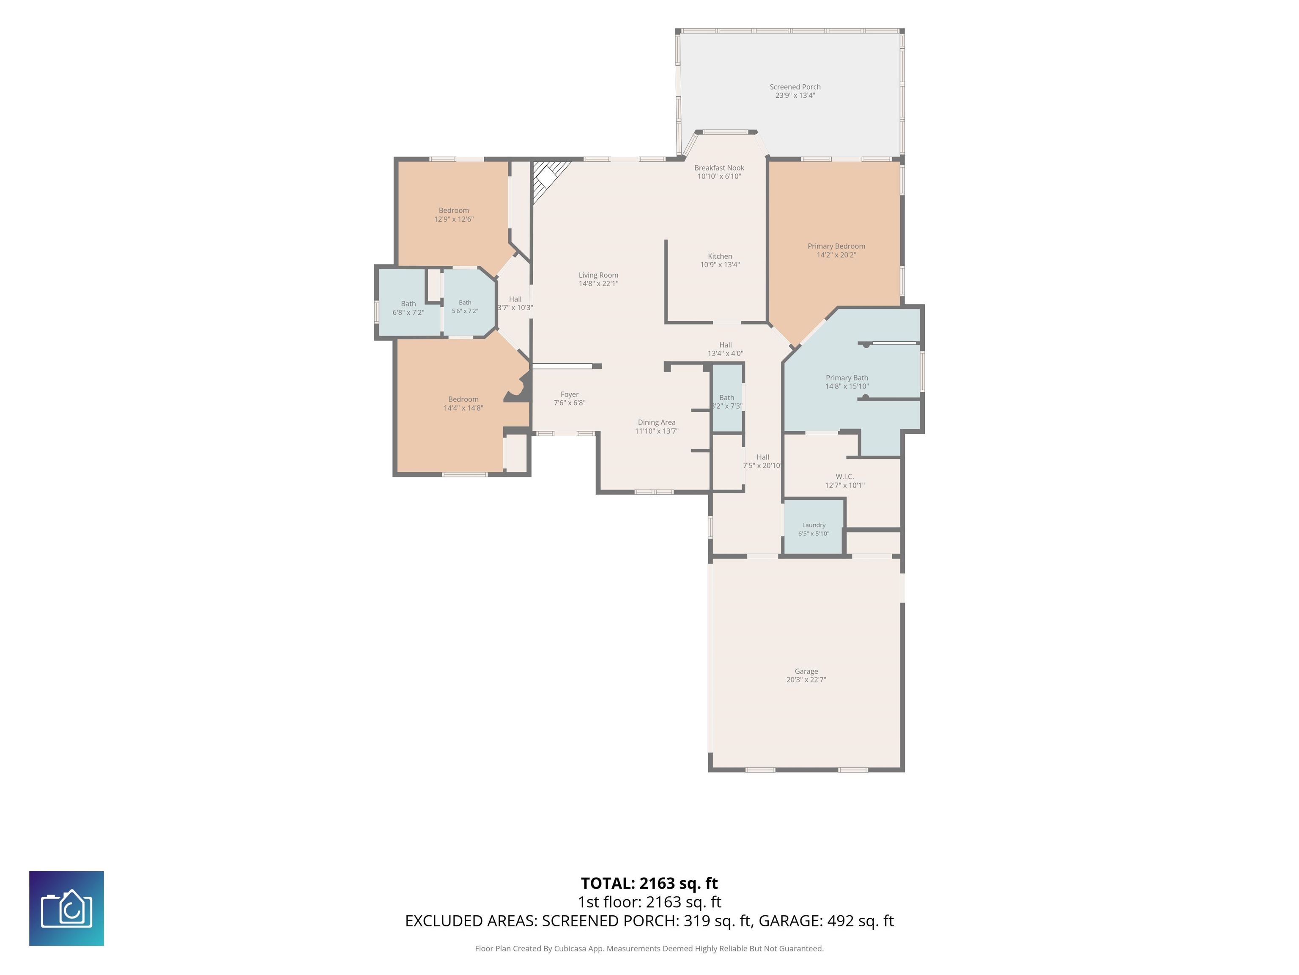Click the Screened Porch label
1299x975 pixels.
point(795,87)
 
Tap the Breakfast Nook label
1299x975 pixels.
point(719,168)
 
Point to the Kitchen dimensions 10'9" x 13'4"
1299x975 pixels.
point(720,265)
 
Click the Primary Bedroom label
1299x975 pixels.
point(836,246)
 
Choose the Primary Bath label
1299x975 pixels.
point(847,378)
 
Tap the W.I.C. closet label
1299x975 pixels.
point(844,476)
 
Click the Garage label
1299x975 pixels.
point(806,671)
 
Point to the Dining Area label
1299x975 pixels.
point(657,423)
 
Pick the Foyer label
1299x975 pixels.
point(570,395)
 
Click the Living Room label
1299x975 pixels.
point(598,275)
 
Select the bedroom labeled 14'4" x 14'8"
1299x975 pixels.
point(463,404)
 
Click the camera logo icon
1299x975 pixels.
point(66,909)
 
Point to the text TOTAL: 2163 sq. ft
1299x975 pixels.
point(649,883)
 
